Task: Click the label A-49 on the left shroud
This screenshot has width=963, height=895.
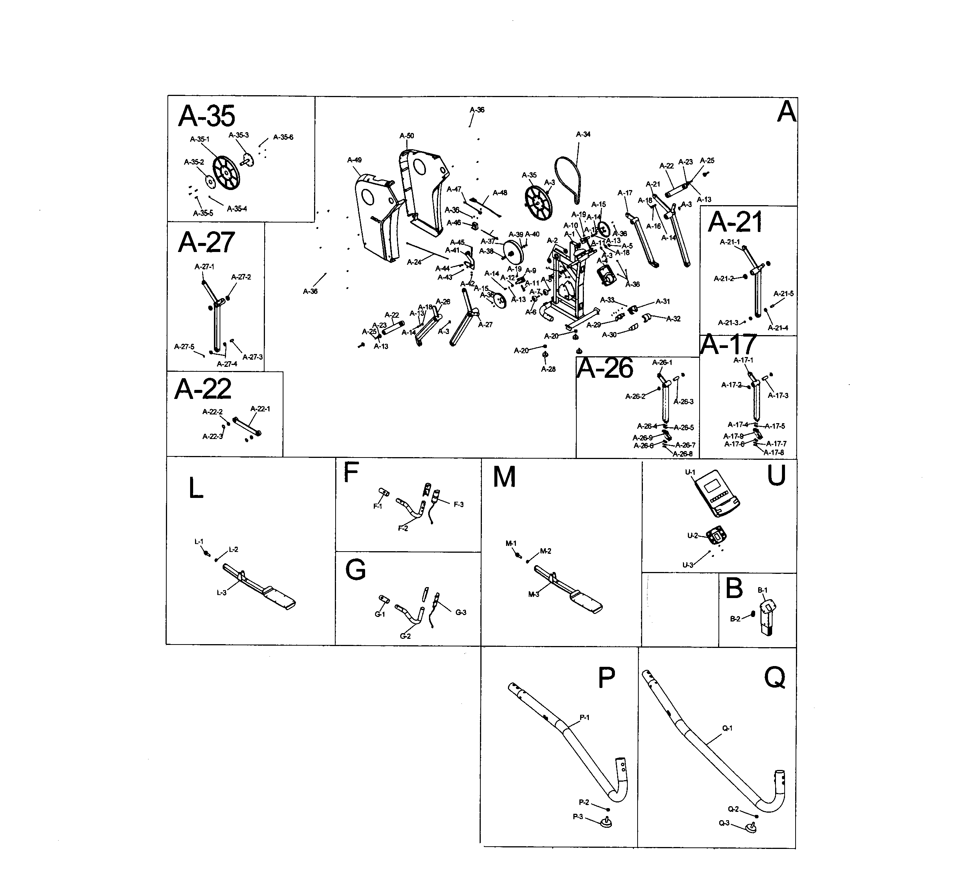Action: click(355, 160)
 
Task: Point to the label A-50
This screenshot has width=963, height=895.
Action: click(407, 136)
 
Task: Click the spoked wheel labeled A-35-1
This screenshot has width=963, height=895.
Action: click(226, 172)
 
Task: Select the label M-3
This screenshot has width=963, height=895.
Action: click(533, 594)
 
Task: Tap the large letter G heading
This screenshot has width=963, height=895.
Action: click(356, 570)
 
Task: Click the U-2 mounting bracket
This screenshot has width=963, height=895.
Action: click(717, 536)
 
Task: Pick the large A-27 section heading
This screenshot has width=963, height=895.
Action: click(207, 242)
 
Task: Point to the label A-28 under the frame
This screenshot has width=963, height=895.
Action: click(548, 369)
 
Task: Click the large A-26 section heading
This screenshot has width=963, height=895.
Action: click(605, 369)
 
